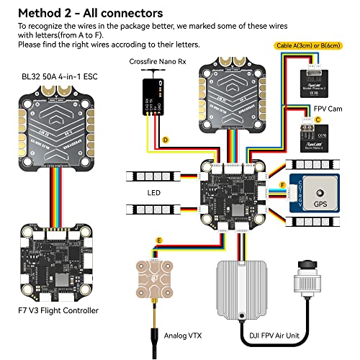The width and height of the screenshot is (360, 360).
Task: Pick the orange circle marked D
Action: [x=165, y=138]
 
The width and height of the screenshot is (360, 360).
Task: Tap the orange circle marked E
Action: [x=158, y=238]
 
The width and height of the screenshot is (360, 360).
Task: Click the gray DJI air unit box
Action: [x=248, y=287]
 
